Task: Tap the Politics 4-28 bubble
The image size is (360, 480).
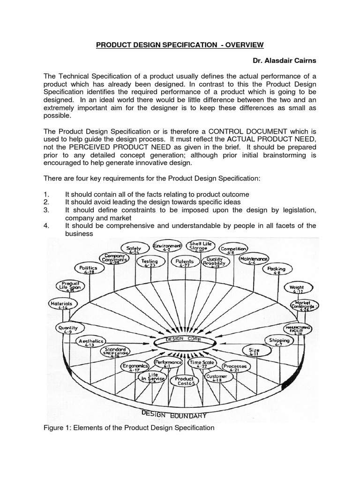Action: pyautogui.click(x=87, y=269)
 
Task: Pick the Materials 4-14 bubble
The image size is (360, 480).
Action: pyautogui.click(x=61, y=305)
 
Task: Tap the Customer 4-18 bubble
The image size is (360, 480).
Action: pyautogui.click(x=217, y=378)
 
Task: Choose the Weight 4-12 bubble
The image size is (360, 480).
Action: pyautogui.click(x=297, y=289)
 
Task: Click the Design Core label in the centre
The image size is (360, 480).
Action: pyautogui.click(x=180, y=339)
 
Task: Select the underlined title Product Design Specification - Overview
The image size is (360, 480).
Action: pyautogui.click(x=180, y=45)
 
